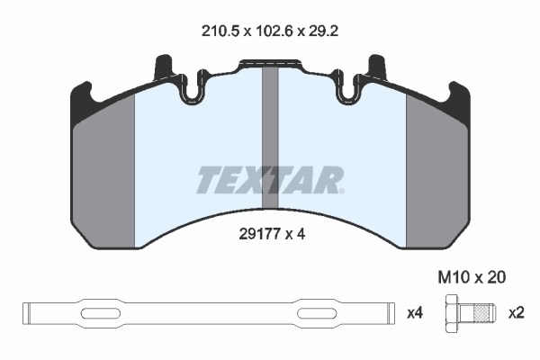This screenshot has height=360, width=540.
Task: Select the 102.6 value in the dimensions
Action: (x=271, y=30)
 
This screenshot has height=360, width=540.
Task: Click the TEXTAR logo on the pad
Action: (x=270, y=180)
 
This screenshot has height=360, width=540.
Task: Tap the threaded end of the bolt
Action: (x=484, y=313)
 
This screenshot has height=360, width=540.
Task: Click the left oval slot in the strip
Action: (x=105, y=313)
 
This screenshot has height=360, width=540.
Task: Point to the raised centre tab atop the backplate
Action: (x=270, y=65)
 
